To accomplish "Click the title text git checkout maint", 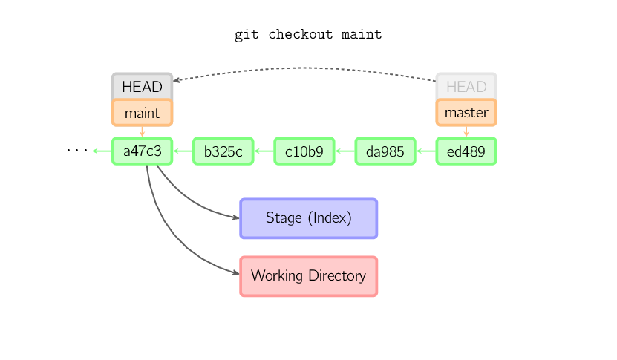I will (x=308, y=35).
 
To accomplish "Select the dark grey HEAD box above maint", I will (x=142, y=87).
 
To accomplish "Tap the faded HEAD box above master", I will (x=466, y=87).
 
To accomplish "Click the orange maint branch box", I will (x=142, y=113).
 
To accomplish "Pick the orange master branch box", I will (x=466, y=113).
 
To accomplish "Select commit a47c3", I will (x=142, y=151).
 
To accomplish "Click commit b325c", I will (x=223, y=151).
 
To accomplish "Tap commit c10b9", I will (x=304, y=151).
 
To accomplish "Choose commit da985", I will (x=385, y=151).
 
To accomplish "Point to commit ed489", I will (x=466, y=151).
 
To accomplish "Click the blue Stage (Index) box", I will (x=308, y=218).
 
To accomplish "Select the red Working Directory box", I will (x=308, y=276).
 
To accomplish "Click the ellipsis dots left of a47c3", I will (x=76, y=151).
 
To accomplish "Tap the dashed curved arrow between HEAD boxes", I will (x=304, y=68).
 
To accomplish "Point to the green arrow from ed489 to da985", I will (x=425, y=151).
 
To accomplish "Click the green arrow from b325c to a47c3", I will (x=183, y=151).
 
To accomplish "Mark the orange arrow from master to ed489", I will (x=466, y=131).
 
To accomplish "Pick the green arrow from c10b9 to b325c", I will (x=264, y=151).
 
